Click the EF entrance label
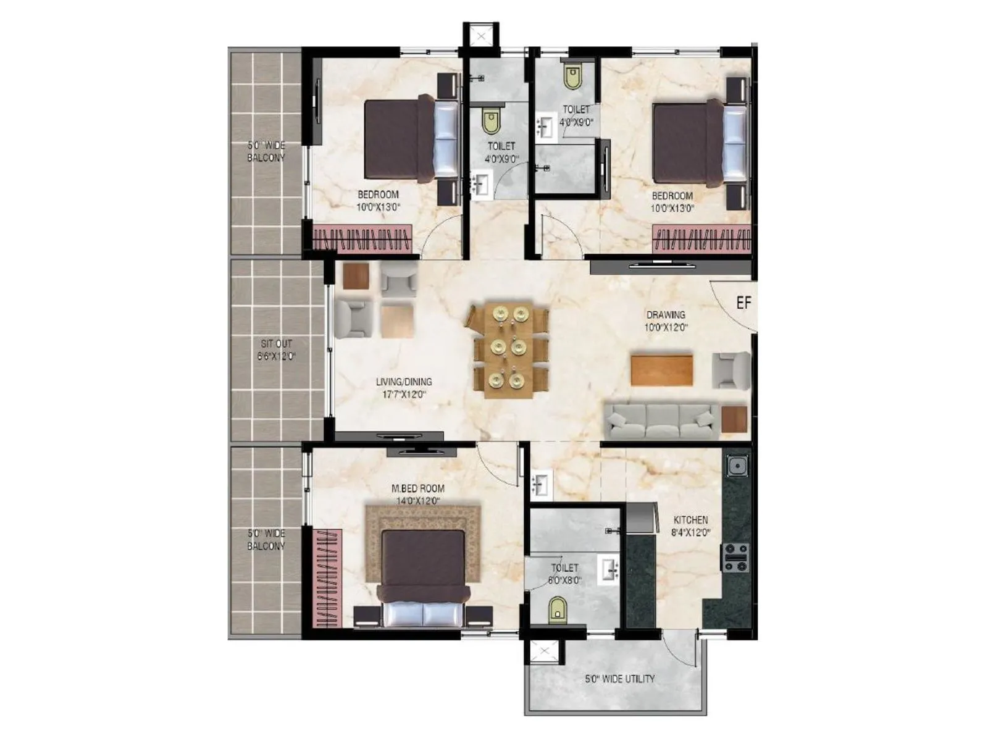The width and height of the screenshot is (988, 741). click(743, 303)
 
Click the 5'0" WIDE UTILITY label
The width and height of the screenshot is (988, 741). click(619, 679)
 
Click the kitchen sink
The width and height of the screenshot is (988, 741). click(737, 465)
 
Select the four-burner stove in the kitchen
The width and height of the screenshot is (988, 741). click(736, 557)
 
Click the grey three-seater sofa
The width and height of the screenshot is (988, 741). click(661, 421)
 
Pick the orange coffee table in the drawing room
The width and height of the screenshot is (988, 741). click(661, 369)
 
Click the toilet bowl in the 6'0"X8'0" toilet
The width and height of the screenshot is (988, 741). click(558, 608)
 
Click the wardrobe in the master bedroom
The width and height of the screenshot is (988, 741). click(327, 577)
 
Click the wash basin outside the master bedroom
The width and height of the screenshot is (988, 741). click(541, 485)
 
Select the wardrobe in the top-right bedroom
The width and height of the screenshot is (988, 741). click(701, 238)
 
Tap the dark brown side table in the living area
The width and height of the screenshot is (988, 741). click(356, 275)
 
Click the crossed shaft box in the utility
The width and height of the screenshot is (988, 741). click(543, 652)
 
